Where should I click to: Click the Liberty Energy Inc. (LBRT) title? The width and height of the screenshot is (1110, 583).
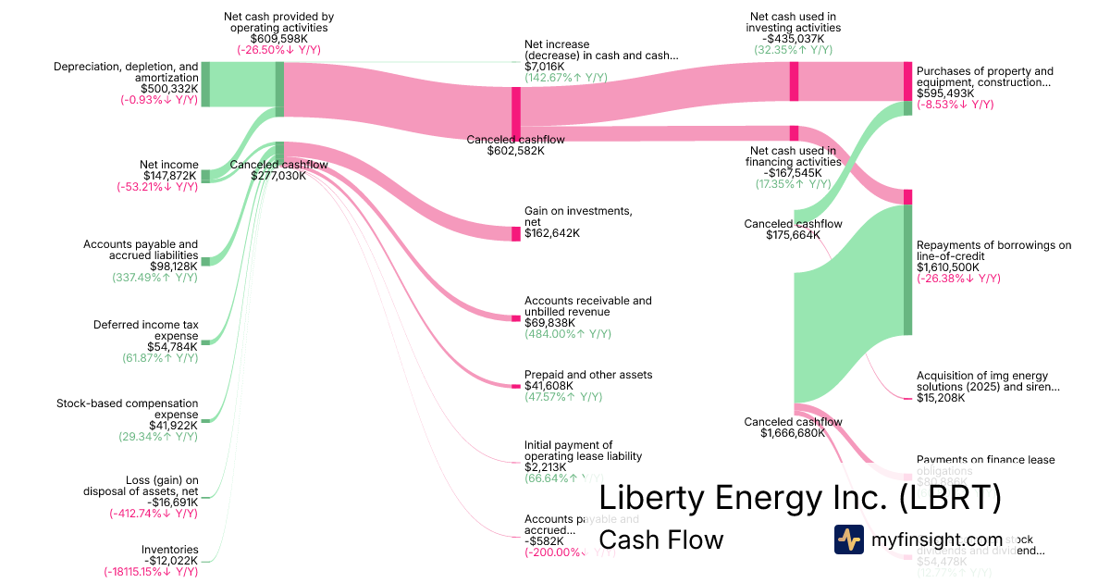point(800,498)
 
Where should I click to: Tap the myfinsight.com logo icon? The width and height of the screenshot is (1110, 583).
point(848,540)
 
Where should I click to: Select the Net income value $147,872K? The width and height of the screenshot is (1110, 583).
point(170,175)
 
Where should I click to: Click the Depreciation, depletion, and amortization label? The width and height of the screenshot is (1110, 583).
point(126,72)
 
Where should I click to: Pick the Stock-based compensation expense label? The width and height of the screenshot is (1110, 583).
point(127,409)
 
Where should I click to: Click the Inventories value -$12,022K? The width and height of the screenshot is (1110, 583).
point(170,560)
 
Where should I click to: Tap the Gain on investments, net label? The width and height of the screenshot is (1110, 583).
point(578,217)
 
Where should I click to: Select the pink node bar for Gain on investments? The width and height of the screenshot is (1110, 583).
point(516,233)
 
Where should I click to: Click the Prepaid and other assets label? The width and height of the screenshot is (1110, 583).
point(588,375)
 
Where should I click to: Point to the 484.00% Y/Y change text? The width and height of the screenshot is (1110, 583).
point(567,334)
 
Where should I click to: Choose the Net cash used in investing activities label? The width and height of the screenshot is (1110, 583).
point(793,21)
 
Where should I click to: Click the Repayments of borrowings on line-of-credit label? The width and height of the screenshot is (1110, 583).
point(993,251)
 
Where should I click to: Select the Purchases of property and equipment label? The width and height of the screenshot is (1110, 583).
point(984,77)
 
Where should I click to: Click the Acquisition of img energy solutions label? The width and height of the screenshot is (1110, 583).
point(987,381)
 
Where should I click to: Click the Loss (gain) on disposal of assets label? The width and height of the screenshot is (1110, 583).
point(162,485)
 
